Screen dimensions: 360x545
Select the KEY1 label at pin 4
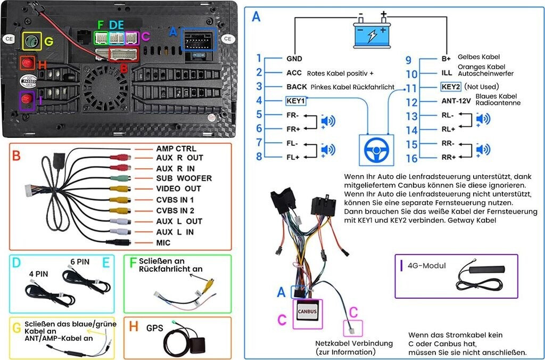click(295, 100)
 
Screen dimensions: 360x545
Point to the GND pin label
click(294, 59)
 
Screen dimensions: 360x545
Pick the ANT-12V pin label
click(456, 101)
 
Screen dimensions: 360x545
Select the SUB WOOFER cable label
click(184, 178)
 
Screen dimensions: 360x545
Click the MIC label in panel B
click(163, 242)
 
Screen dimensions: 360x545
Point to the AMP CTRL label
click(176, 148)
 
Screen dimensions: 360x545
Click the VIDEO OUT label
click(178, 189)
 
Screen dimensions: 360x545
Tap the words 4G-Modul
click(427, 266)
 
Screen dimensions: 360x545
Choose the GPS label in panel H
click(155, 328)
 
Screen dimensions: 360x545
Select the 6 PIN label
click(80, 263)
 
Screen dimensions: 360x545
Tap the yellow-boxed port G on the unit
click(32, 42)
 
